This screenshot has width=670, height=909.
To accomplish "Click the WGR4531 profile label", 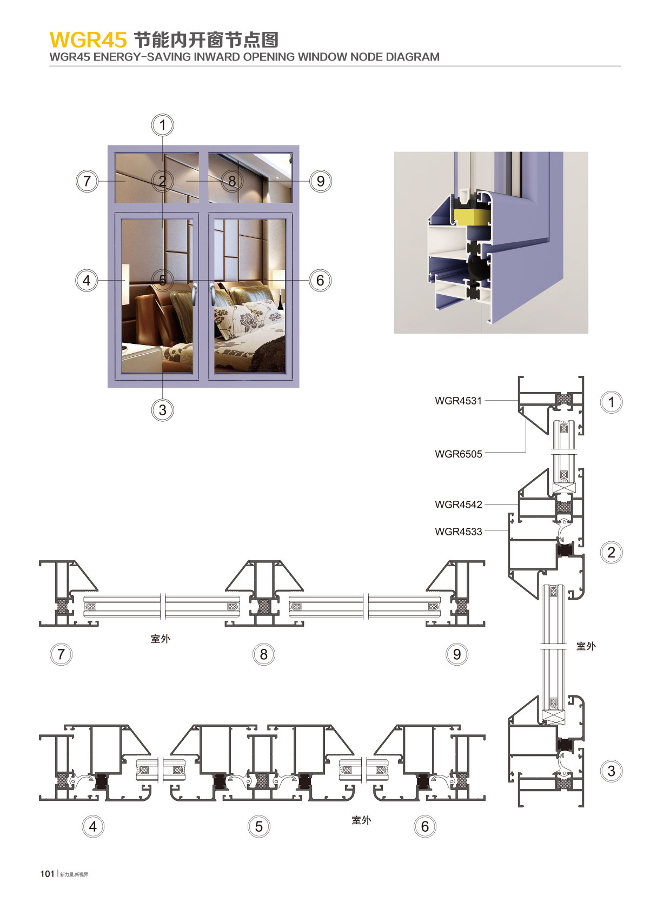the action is tap(458, 401).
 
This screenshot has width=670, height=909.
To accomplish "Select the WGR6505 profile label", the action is tap(459, 454).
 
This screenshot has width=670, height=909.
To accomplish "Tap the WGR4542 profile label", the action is tap(459, 505).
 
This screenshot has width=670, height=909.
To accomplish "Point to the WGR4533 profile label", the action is tap(459, 532).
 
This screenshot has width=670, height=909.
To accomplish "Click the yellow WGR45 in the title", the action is tap(88, 40).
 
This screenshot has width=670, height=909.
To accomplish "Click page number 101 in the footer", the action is tap(47, 874).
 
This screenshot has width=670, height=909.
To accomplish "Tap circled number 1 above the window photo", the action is tap(163, 125).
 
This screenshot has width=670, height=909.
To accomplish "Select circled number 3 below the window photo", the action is tap(162, 410).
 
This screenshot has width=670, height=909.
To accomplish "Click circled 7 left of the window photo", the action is tap(87, 181).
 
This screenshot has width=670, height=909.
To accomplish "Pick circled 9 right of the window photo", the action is tap(321, 181).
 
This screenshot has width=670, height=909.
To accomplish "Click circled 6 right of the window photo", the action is tap(320, 281).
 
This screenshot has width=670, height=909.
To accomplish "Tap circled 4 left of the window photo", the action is tap(87, 281).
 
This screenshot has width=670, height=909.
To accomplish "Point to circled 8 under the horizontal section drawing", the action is tap(264, 654).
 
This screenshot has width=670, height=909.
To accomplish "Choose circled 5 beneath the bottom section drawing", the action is tap(259, 826).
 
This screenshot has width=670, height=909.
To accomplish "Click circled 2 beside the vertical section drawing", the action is tap(611, 552).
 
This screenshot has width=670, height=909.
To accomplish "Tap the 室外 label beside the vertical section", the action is tap(586, 646).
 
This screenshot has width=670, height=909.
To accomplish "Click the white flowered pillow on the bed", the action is tap(248, 321).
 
